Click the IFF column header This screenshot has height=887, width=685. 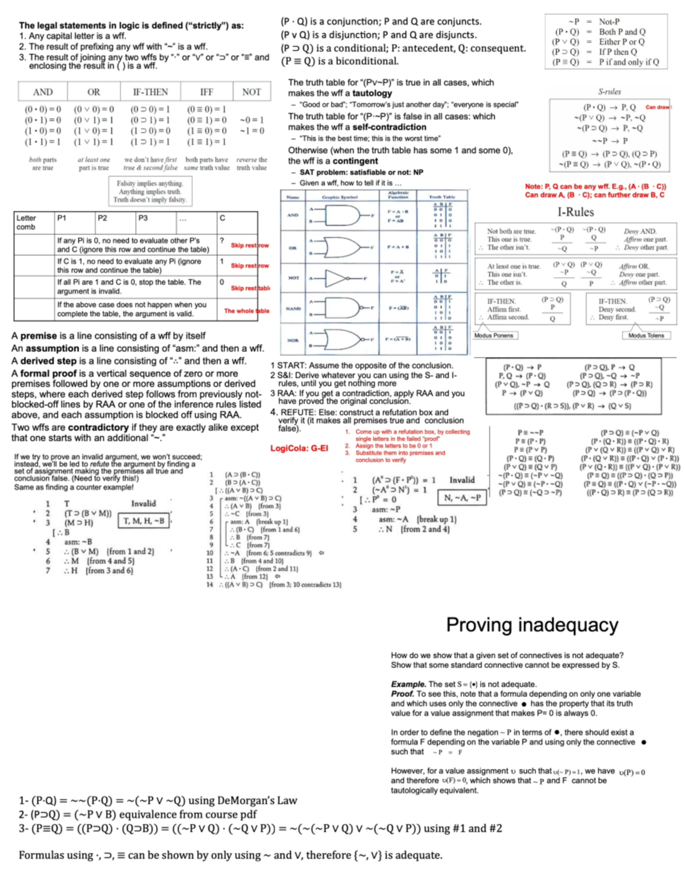(x=206, y=92)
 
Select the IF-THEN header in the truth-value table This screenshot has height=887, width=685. (x=150, y=92)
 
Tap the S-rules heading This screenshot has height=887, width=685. (x=609, y=91)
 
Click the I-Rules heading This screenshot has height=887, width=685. (x=575, y=212)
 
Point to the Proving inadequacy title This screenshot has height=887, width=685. (x=532, y=625)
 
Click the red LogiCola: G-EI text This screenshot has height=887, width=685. (x=299, y=448)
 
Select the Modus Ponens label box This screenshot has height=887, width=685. (x=494, y=335)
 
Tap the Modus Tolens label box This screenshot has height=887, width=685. (x=646, y=335)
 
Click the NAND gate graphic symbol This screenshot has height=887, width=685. (x=341, y=308)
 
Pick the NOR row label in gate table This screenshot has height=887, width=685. (x=293, y=340)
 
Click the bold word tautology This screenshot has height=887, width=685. (x=372, y=93)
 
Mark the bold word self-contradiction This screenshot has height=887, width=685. (x=389, y=127)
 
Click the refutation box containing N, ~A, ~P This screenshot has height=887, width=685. (x=462, y=498)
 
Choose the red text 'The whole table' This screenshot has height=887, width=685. (x=246, y=311)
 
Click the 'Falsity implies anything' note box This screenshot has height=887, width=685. (x=150, y=191)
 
